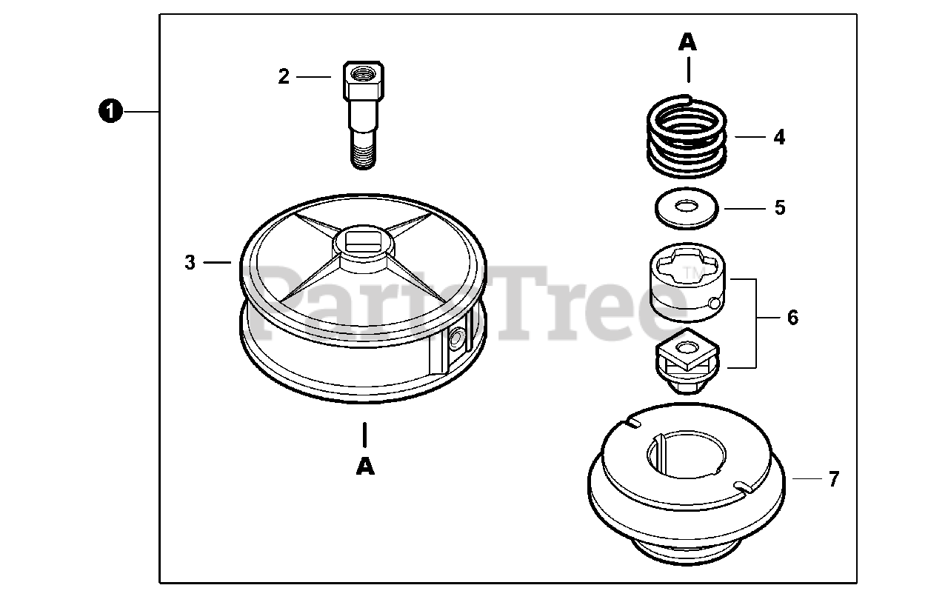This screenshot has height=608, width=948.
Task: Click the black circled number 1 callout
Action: [110, 111]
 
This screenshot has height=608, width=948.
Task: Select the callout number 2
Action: [284, 76]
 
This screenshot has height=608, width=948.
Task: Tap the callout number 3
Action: [190, 262]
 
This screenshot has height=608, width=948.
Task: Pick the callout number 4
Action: [779, 137]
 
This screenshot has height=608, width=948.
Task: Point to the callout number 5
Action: [780, 208]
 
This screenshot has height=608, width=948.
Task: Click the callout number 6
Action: [792, 317]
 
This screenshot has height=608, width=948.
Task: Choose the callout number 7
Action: [833, 479]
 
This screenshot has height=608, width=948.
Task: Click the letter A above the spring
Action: [687, 43]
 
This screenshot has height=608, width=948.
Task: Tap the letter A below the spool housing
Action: [365, 467]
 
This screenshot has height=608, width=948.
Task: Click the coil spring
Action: [687, 136]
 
